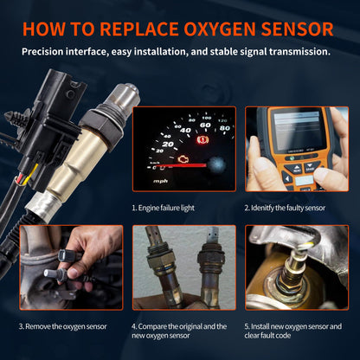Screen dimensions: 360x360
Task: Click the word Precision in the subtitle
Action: tap(50, 51)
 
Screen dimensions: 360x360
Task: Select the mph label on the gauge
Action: tap(160, 181)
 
